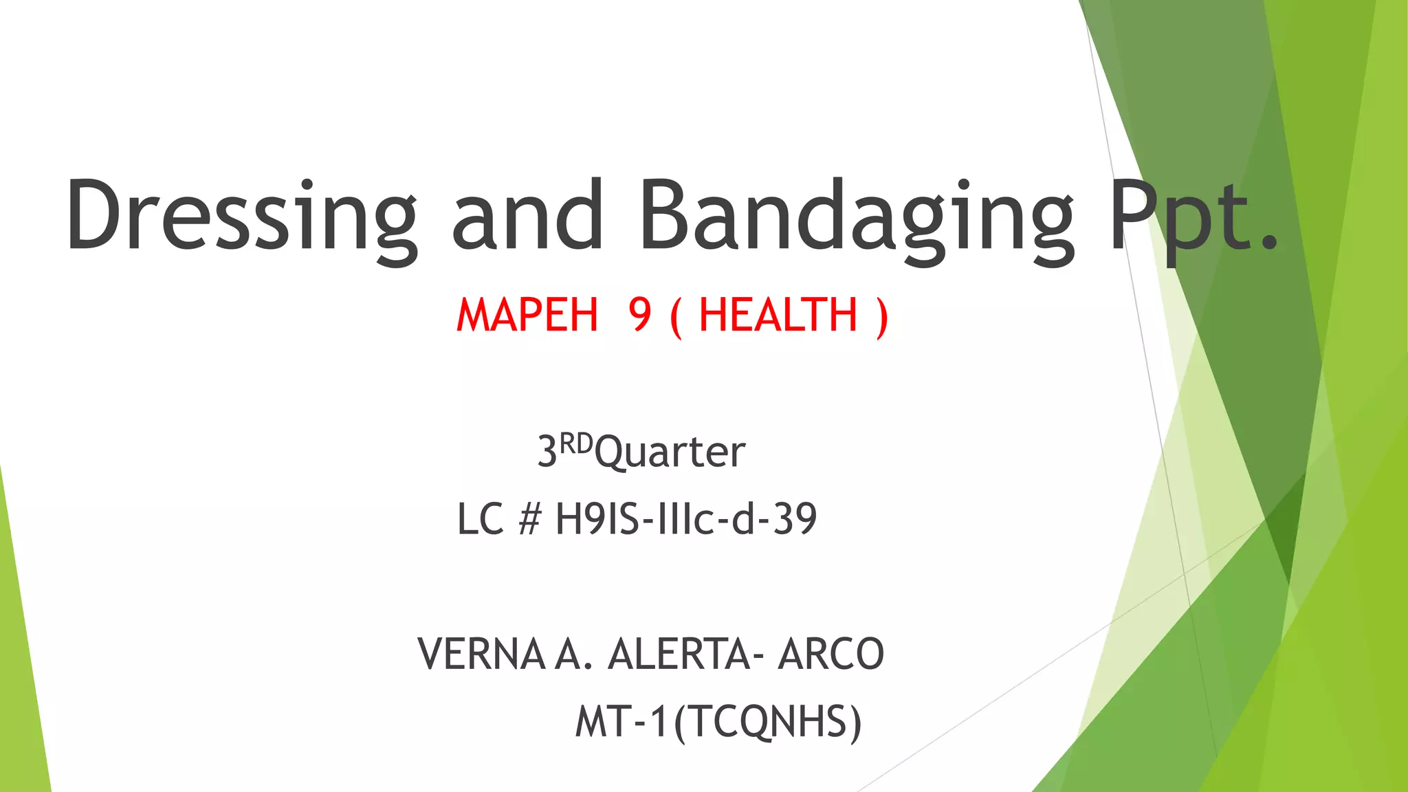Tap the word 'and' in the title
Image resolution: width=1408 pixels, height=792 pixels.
point(527,214)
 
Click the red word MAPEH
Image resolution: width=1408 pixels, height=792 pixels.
point(527,316)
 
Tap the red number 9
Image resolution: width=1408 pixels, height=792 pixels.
point(639,316)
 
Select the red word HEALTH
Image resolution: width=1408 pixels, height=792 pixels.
point(778,316)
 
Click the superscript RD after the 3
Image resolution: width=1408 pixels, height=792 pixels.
point(575,443)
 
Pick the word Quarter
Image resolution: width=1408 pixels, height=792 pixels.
point(670,453)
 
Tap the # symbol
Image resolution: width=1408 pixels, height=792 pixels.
point(530,519)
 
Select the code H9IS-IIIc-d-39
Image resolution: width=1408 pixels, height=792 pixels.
point(685,519)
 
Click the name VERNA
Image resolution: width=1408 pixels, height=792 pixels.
point(481,654)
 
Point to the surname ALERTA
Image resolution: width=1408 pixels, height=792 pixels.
point(678,654)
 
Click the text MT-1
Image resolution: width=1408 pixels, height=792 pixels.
point(621,722)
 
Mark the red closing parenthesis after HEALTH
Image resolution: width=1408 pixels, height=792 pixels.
point(882,317)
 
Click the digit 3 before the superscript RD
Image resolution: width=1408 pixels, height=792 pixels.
point(547,453)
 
